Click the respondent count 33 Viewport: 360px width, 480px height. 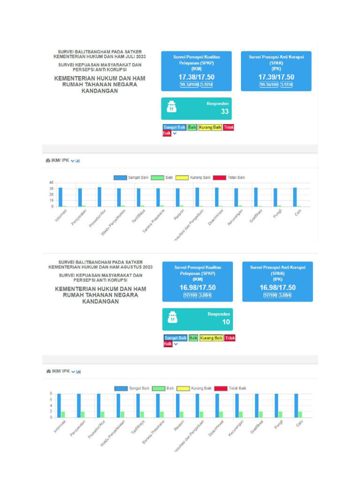[x=225, y=112]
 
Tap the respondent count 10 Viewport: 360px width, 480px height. [x=226, y=322]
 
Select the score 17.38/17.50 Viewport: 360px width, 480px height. [x=196, y=77]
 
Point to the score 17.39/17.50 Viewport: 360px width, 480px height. [x=276, y=77]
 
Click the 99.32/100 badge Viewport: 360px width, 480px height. [x=189, y=85]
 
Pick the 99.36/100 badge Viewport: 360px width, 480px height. [x=269, y=85]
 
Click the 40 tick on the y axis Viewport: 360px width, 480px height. [x=52, y=182]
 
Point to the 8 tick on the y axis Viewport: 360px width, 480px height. [x=52, y=393]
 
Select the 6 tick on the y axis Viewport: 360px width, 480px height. [x=52, y=399]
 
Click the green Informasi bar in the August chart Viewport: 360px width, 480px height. [x=63, y=414]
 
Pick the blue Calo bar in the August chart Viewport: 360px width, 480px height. [x=296, y=405]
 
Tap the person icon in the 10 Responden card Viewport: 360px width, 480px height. [x=173, y=319]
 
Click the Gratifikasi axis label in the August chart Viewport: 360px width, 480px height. [x=257, y=427]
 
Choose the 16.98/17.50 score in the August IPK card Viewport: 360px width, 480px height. [x=277, y=287]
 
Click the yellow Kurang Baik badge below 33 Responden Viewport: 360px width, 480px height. [x=210, y=127]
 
